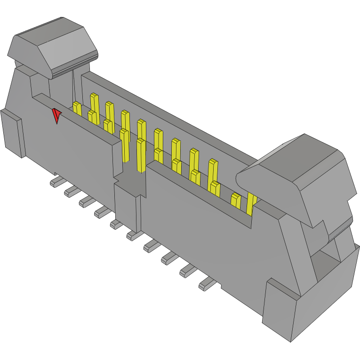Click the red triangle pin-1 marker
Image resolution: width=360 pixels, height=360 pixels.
coord(56,115)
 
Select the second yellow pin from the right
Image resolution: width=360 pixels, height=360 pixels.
coord(236,200)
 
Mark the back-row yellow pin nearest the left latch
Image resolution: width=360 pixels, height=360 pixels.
coord(94,102)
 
